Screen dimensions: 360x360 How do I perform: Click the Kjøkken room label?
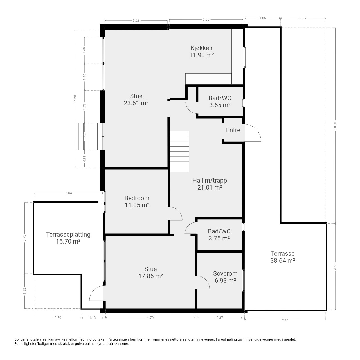click(201, 48)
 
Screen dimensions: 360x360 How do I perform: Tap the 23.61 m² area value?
click(136, 103)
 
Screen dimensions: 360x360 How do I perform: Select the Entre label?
click(233, 130)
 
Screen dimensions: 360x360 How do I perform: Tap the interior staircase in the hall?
click(179, 151)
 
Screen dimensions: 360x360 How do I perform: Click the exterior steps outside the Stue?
click(90, 137)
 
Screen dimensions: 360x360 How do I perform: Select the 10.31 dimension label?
click(335, 125)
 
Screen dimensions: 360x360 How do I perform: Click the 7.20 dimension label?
click(75, 98)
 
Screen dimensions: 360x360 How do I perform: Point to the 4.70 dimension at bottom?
click(150, 318)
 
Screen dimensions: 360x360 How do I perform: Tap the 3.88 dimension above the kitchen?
click(206, 19)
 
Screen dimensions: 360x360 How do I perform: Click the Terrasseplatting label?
click(68, 234)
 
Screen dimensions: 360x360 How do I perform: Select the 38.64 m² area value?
click(283, 260)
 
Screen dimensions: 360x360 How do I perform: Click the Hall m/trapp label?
click(210, 180)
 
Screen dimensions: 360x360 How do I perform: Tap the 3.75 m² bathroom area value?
click(219, 238)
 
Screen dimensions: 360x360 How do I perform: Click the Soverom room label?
click(225, 273)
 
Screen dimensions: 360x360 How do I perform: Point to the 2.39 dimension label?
click(303, 18)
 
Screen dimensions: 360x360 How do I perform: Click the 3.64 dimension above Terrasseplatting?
click(69, 193)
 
